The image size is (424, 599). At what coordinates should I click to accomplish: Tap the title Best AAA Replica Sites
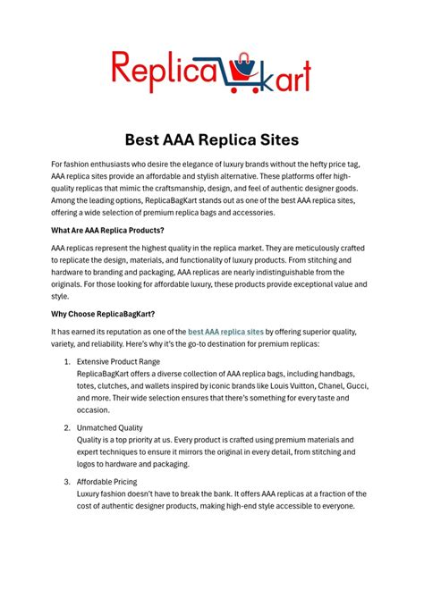[212, 139]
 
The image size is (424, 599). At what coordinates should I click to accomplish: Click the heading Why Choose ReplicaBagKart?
[103, 314]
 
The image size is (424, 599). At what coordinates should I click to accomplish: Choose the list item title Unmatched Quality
[110, 428]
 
